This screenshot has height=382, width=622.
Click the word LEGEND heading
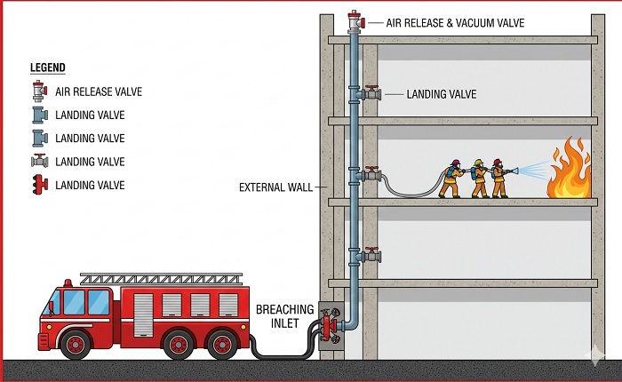click(48, 68)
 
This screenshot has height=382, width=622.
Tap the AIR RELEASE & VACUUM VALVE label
click(443, 22)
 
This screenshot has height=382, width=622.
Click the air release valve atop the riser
click(355, 20)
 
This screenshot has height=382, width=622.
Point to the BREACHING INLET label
click(284, 315)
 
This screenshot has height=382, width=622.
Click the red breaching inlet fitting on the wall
click(331, 325)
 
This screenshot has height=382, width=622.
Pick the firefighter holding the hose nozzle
click(498, 179)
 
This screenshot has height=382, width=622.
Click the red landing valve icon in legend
click(40, 185)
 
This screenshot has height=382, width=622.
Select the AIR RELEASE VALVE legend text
click(99, 92)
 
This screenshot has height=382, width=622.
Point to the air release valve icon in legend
click(39, 92)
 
